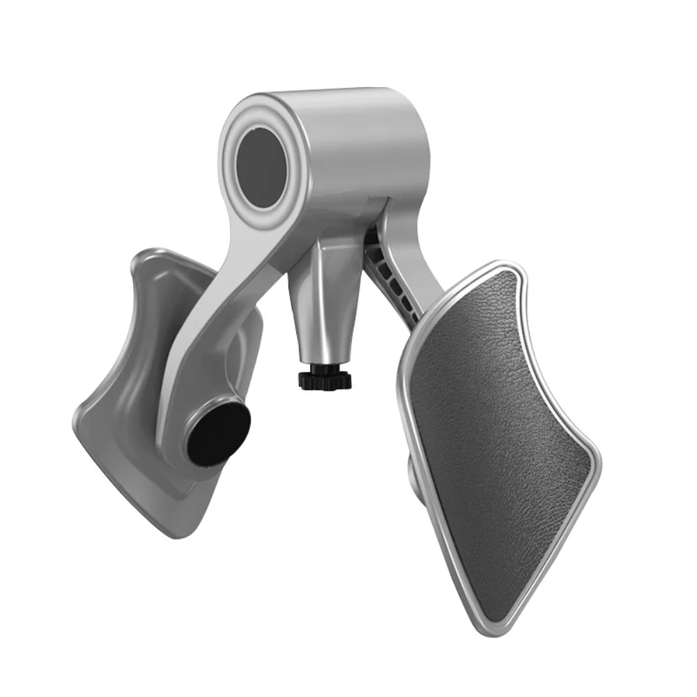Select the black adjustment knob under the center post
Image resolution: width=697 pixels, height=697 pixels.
coord(325,380)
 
